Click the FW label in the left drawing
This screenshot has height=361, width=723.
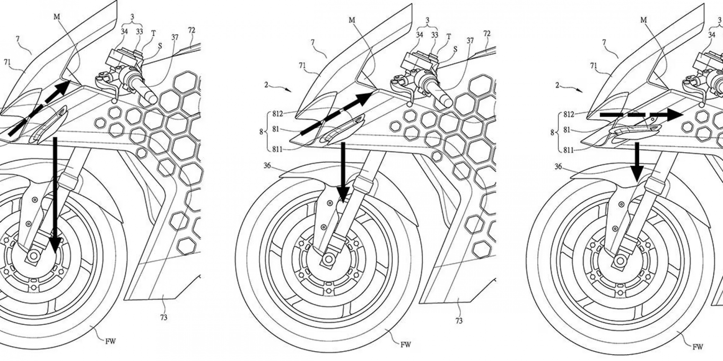111,341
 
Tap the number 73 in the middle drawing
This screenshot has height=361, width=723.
459,321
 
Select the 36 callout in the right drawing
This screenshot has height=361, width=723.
558,166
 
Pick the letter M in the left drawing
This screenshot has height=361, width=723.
57,17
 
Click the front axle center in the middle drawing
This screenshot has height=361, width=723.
328,259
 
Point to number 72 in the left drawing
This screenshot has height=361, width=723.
191,30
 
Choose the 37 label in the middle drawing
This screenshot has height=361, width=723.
470,40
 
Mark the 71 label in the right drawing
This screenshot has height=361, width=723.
593,66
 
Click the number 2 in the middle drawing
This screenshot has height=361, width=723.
266,85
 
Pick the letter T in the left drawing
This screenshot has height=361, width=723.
153,33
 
